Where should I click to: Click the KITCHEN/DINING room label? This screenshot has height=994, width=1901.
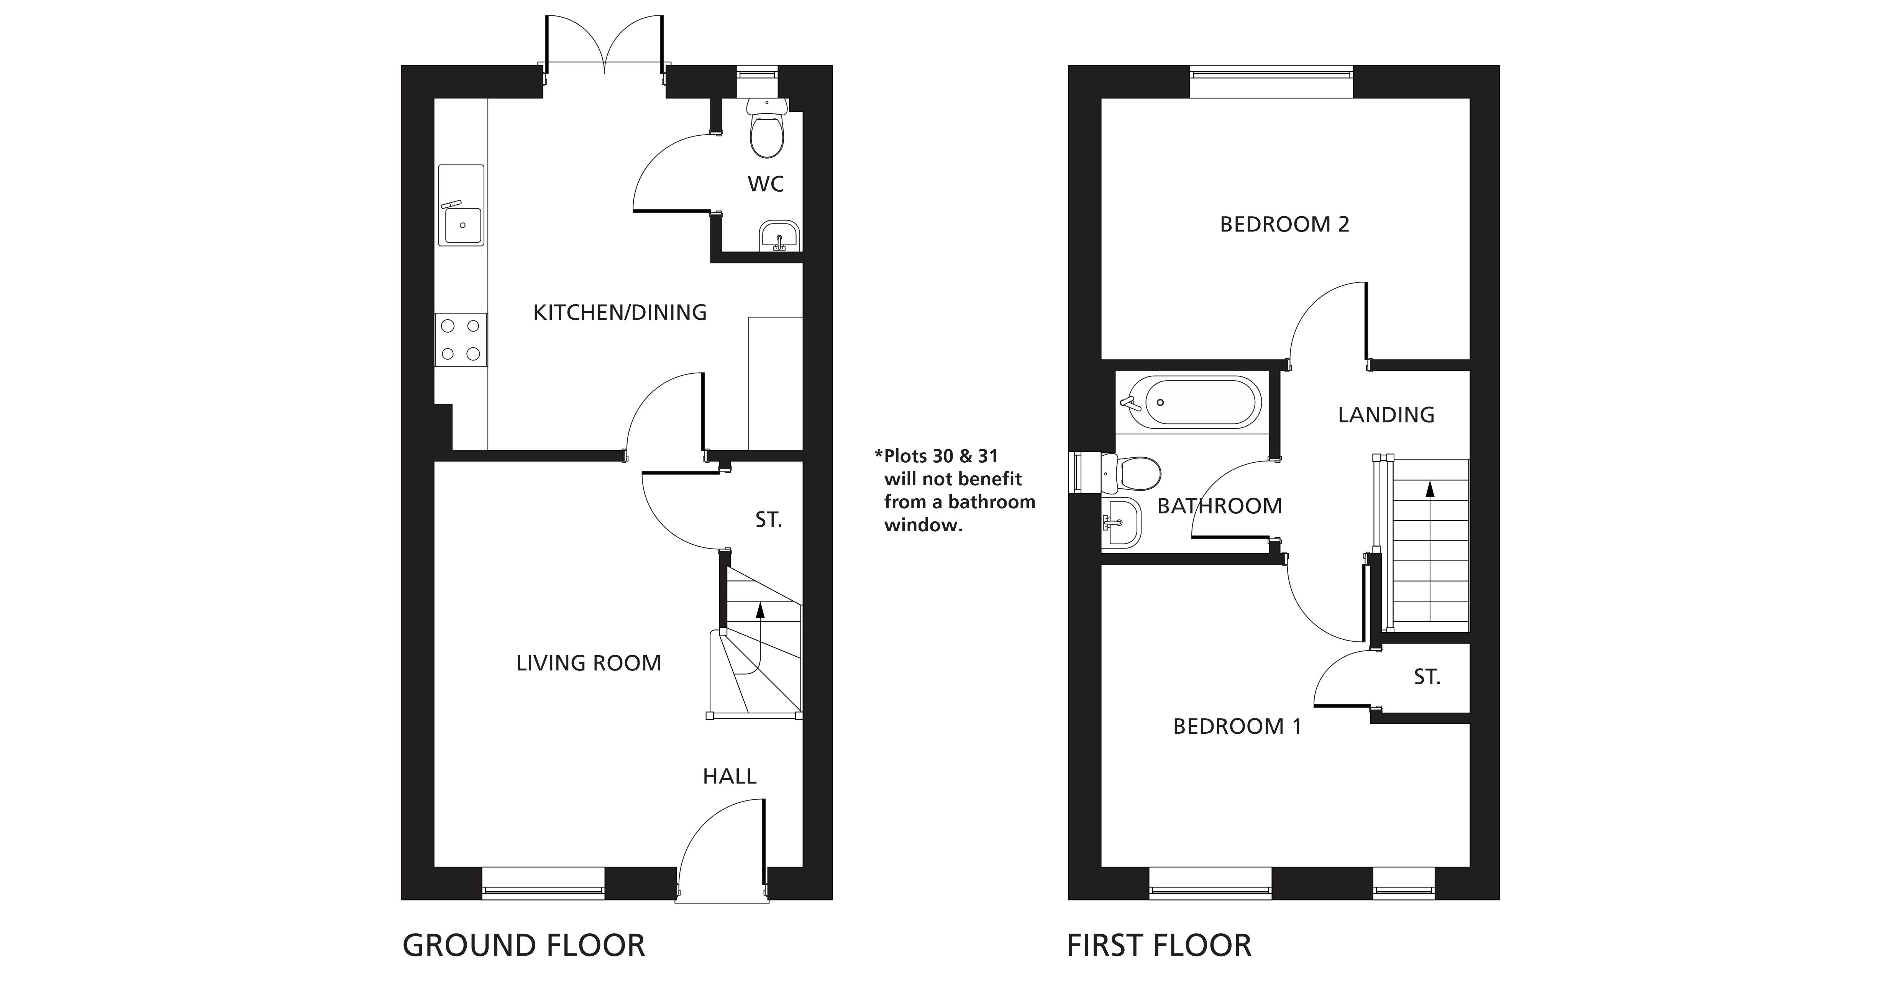point(620,312)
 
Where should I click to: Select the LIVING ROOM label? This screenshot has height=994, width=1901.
point(588,663)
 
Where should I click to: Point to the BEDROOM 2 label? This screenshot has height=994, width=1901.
point(1284,224)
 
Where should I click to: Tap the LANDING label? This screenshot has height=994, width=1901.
point(1386,415)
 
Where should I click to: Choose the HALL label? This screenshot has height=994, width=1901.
point(729,776)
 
